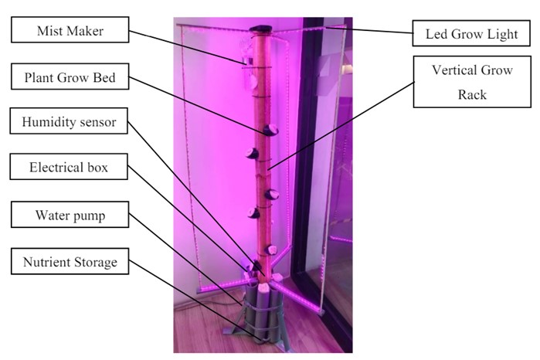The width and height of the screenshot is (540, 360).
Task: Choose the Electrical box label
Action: [70, 166]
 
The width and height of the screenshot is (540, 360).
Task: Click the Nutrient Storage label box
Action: [70, 263]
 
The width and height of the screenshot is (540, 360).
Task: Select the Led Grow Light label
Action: [471, 34]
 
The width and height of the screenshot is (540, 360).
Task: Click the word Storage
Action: [93, 263]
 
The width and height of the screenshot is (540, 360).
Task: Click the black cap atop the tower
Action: [260, 29]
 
